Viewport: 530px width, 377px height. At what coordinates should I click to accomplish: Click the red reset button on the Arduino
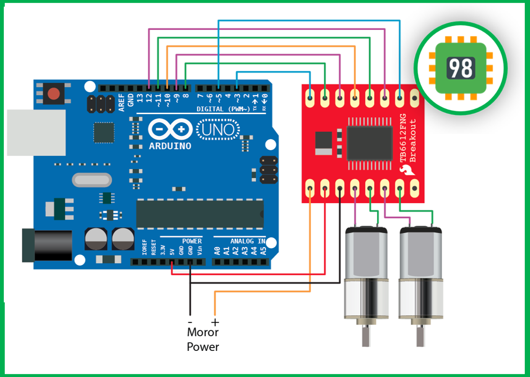coord(54,93)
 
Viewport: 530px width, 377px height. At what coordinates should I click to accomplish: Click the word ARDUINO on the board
coord(170,146)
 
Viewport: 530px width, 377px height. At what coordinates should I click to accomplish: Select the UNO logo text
coord(218,130)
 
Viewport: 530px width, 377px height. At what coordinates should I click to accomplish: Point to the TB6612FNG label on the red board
coord(403,138)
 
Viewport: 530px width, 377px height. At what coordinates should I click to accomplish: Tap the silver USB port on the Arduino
coord(36,133)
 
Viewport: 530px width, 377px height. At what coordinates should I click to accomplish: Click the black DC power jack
coord(47,245)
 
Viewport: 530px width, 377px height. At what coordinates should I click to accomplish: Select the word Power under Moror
coord(203,347)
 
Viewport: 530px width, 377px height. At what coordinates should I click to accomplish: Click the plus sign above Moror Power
coord(215,322)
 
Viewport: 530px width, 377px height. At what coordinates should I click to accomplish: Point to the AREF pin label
coord(122,102)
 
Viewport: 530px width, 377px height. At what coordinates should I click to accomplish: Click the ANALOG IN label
coord(248,241)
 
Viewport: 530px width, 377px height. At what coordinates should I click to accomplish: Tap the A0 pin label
coord(217,251)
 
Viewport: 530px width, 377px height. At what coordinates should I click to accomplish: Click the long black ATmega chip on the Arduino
coord(200,213)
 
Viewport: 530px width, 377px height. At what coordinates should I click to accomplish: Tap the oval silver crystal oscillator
coord(92,180)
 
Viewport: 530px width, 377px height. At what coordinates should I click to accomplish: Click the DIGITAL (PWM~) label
coord(223,109)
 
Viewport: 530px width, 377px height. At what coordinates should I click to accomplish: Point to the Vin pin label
coord(200,251)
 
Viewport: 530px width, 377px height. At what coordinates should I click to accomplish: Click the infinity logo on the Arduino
coord(170,129)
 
